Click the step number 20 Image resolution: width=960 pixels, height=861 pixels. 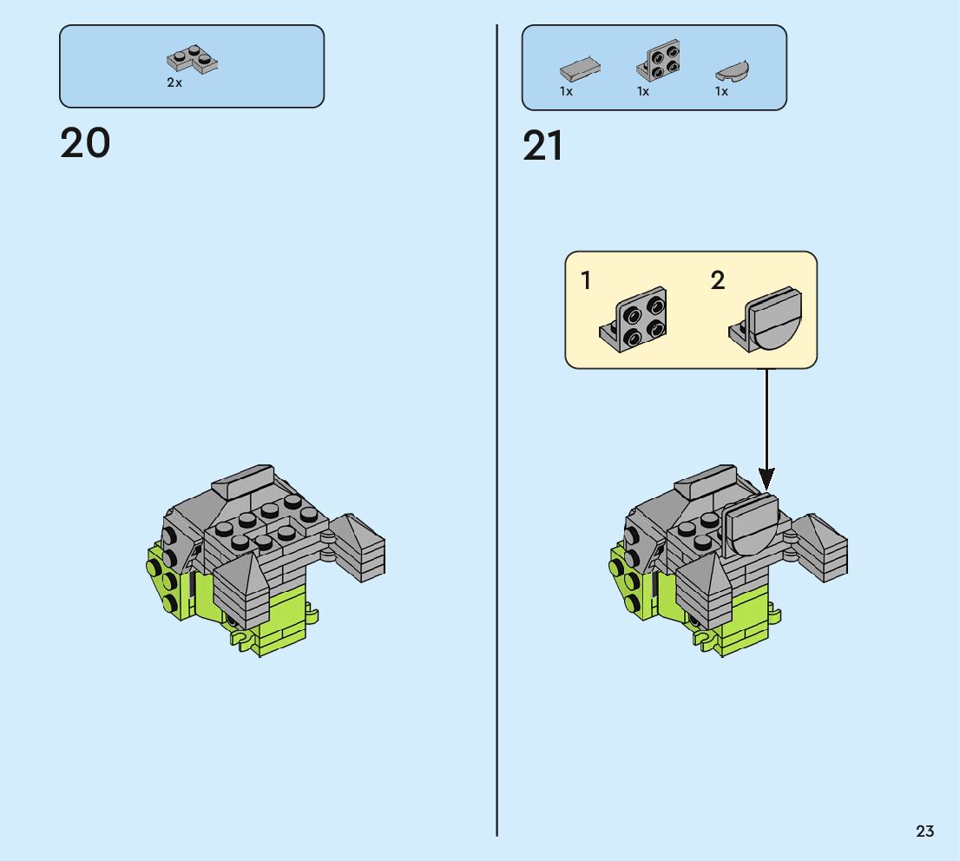(x=85, y=143)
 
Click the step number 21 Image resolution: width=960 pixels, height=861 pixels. (x=542, y=147)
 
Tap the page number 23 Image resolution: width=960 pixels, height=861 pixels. (x=924, y=831)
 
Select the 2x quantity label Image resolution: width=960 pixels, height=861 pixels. (x=174, y=83)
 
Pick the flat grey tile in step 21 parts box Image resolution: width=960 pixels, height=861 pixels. (x=580, y=69)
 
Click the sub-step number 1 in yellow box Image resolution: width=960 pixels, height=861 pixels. (x=587, y=281)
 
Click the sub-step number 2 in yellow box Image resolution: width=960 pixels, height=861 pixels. (x=717, y=281)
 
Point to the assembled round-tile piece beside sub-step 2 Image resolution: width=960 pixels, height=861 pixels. (x=766, y=319)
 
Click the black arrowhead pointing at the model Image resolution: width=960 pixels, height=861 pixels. (x=766, y=477)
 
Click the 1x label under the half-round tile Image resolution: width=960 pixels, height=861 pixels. (x=721, y=91)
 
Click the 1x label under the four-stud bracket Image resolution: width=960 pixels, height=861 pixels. (x=643, y=91)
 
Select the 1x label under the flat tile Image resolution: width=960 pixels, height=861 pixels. (x=566, y=91)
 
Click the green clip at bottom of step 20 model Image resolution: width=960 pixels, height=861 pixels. (x=246, y=641)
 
